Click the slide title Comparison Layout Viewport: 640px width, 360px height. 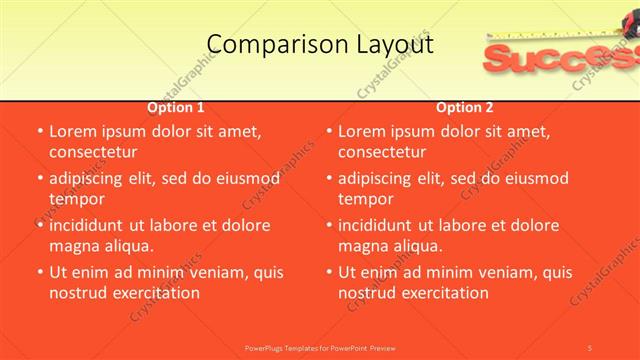(x=320, y=44)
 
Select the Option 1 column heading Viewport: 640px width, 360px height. (x=176, y=107)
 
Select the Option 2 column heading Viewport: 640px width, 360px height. (x=465, y=107)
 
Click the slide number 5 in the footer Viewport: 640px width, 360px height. (x=589, y=347)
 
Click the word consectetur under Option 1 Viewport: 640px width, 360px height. (x=92, y=152)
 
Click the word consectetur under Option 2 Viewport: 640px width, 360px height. (x=381, y=152)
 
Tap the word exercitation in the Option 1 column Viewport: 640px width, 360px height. (x=155, y=293)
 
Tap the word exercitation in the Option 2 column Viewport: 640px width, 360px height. (x=444, y=293)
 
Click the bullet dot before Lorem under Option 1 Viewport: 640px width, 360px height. (x=40, y=131)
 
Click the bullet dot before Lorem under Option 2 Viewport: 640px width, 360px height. (x=329, y=131)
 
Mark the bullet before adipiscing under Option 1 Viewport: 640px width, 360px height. (x=40, y=178)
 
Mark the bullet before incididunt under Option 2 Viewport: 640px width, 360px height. (x=329, y=225)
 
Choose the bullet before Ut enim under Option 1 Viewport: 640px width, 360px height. (x=40, y=272)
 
